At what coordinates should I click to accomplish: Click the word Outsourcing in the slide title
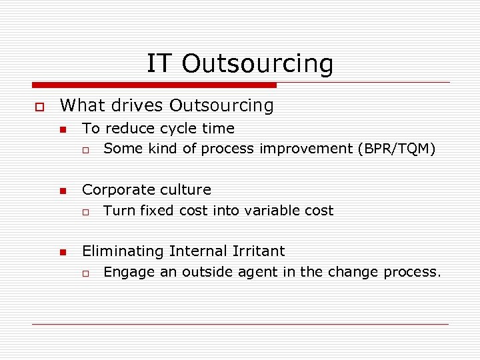click(x=257, y=64)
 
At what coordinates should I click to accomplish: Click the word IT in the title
click(x=159, y=64)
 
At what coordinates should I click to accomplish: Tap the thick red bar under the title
click(x=154, y=85)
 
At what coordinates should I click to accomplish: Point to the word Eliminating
click(x=123, y=251)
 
